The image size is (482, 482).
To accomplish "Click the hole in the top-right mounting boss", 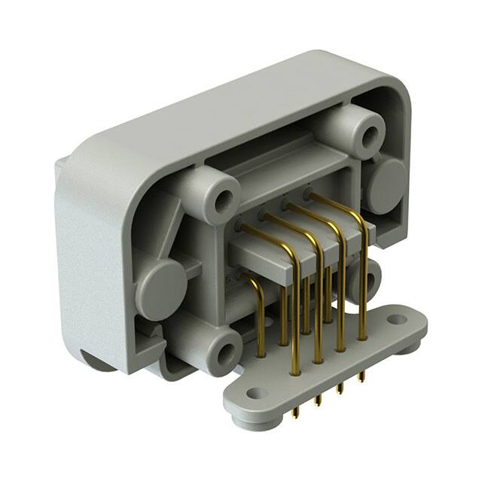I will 370,136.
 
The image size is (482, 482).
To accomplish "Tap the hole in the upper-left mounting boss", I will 224,201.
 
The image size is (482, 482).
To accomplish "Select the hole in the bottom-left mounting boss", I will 224,354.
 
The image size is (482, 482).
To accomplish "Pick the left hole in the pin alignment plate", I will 257,393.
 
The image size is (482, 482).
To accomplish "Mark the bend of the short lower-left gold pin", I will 254,283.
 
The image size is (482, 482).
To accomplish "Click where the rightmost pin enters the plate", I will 362,337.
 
